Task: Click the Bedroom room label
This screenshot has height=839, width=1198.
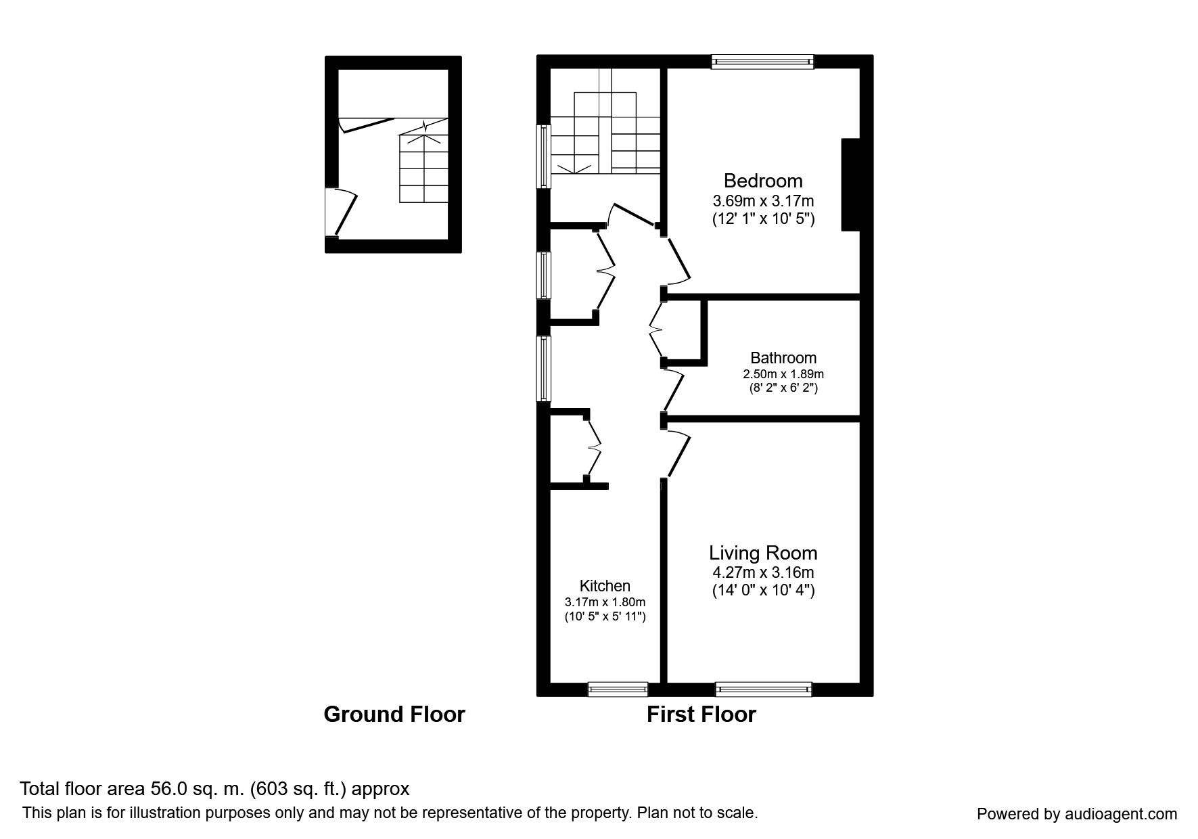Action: [762, 181]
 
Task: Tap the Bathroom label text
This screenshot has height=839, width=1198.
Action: [783, 358]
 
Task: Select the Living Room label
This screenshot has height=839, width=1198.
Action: [762, 553]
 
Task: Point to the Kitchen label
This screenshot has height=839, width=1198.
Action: [605, 586]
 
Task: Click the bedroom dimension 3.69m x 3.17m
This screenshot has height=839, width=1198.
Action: [762, 201]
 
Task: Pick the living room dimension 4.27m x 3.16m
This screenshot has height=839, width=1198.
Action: [762, 572]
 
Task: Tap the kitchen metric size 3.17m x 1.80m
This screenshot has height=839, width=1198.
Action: [605, 602]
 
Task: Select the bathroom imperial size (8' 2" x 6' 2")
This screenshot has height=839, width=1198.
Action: [783, 388]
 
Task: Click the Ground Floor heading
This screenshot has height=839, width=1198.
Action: [394, 715]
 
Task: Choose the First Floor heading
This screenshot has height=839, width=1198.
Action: [701, 715]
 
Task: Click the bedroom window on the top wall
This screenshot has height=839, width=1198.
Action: [762, 62]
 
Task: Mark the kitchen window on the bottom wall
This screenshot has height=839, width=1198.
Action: [618, 689]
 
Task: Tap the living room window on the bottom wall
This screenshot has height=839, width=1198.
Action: [764, 689]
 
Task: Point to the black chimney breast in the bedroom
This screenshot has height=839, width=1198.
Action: [850, 185]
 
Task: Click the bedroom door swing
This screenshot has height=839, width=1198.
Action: [677, 260]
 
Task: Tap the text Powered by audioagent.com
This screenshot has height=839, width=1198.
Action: [1076, 814]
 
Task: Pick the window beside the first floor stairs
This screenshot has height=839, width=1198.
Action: [543, 156]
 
